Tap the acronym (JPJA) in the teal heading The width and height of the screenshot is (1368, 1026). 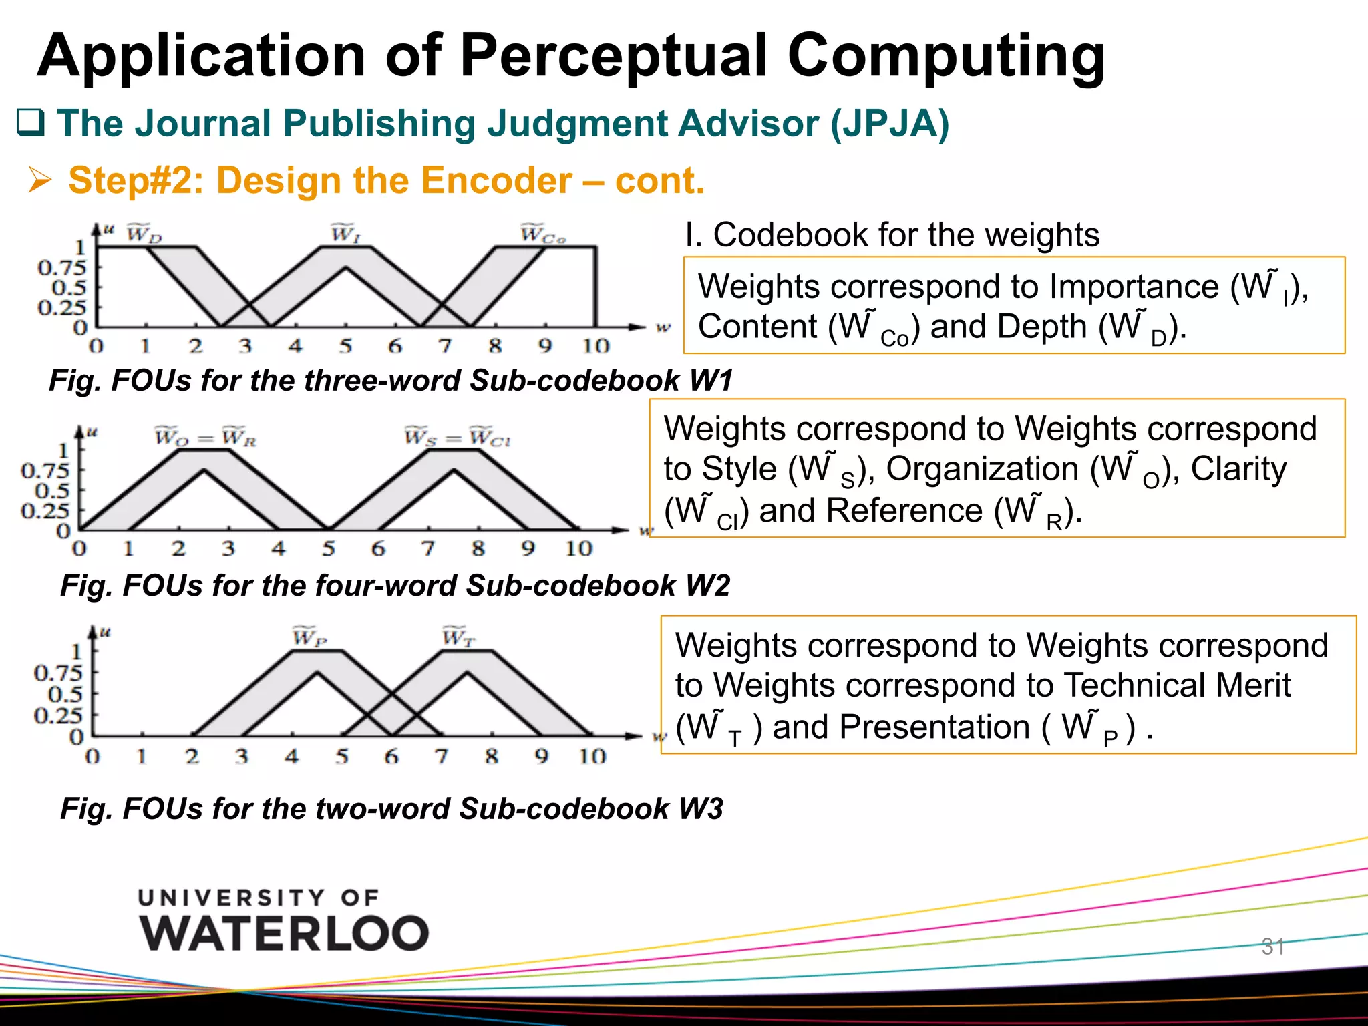(x=889, y=124)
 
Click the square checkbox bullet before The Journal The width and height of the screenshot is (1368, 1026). (x=30, y=123)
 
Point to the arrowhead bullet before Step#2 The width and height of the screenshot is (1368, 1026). (x=39, y=180)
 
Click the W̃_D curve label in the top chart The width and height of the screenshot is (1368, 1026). (x=144, y=234)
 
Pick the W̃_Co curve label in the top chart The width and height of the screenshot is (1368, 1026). (x=542, y=234)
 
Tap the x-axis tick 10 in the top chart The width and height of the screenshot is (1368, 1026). (x=595, y=346)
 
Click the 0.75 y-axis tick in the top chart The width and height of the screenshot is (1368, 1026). (x=62, y=268)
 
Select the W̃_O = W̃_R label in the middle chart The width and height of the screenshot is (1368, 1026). (x=206, y=438)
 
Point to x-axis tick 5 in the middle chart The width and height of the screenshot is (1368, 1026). (x=328, y=548)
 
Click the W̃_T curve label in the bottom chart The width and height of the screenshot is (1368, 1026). (x=458, y=637)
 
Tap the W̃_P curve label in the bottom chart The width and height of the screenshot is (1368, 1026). (x=309, y=637)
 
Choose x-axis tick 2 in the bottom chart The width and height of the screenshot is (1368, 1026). (x=192, y=757)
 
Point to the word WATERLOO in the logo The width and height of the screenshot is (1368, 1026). (x=284, y=933)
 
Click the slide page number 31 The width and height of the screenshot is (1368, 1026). (x=1272, y=946)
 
